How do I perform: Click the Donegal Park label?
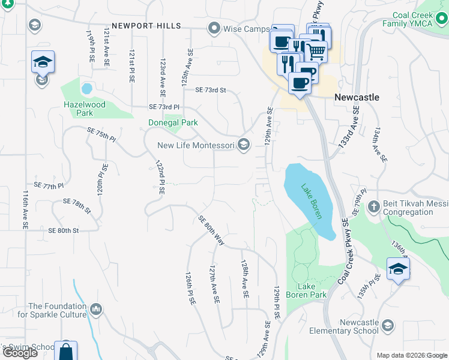[x=173, y=123]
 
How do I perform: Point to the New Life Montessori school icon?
[x=244, y=144]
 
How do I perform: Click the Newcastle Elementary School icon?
[x=388, y=326]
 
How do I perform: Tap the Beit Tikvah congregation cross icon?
[x=373, y=207]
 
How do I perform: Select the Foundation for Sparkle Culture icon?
[x=95, y=310]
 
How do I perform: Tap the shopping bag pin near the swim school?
[x=65, y=350]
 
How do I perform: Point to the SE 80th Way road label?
[x=211, y=230]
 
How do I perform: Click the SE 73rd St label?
[x=209, y=91]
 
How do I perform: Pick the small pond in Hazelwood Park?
[x=87, y=89]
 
